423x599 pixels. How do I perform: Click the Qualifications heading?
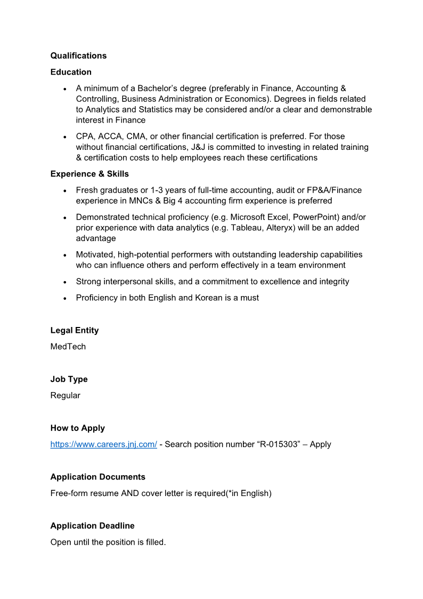78,56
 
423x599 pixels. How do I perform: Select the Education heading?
71,72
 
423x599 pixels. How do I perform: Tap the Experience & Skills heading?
90,174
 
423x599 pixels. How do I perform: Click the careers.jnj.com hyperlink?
103,444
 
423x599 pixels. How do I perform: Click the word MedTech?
68,347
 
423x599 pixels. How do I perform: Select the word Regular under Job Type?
66,395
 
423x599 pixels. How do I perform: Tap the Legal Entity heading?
75,331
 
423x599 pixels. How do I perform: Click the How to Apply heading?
78,428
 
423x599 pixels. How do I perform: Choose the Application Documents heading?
98,477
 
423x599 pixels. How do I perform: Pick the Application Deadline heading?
93,526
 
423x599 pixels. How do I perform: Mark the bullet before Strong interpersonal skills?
64,282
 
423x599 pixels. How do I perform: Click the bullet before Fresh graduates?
64,190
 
